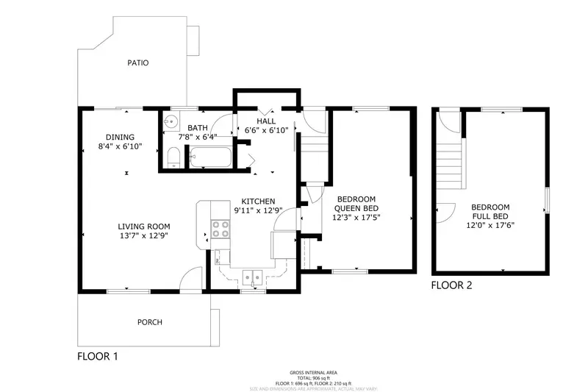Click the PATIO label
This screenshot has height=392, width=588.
[x=137, y=63]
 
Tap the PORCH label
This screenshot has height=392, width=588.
[x=150, y=322]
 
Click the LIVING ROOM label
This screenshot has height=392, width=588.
[x=145, y=227]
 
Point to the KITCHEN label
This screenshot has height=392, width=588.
[x=259, y=201]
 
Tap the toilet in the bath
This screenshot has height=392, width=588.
[x=173, y=157]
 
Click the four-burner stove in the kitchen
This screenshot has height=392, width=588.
[x=219, y=229]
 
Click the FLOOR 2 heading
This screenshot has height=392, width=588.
[x=451, y=285]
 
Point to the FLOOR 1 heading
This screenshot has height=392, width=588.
[x=98, y=356]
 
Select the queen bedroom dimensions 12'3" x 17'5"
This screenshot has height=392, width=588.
[x=356, y=217]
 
